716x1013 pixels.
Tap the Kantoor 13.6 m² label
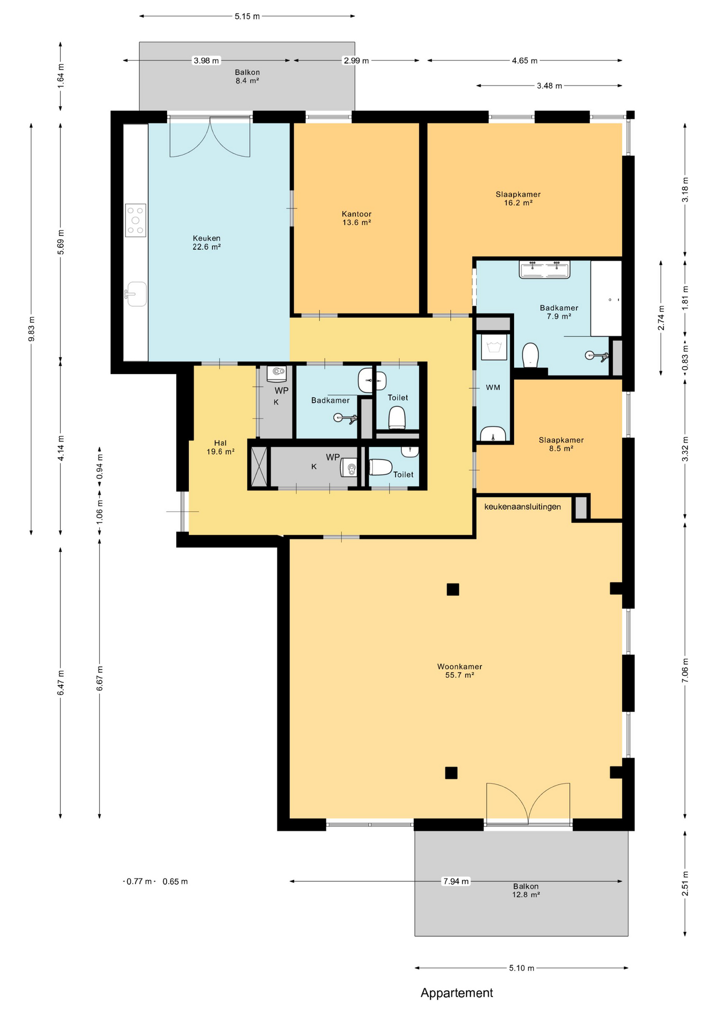point(356,218)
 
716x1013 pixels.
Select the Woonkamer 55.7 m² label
point(459,671)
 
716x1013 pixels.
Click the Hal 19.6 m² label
point(220,447)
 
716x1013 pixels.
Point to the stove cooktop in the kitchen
point(136,220)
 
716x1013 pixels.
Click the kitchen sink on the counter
point(136,294)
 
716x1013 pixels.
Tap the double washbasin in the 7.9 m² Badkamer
point(545,270)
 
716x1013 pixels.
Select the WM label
point(493,388)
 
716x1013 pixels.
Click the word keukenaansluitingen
point(523,507)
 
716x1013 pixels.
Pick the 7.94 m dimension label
point(456,881)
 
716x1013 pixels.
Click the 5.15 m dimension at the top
point(247,16)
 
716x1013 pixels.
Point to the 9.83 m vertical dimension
point(32,329)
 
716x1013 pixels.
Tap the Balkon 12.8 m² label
point(526,890)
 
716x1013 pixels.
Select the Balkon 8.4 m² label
point(247,77)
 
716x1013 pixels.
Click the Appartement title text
point(457,993)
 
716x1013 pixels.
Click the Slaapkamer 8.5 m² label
point(561,444)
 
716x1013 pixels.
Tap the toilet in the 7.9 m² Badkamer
point(530,355)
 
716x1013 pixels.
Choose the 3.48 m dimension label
point(549,85)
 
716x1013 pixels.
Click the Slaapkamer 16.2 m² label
point(518,198)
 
